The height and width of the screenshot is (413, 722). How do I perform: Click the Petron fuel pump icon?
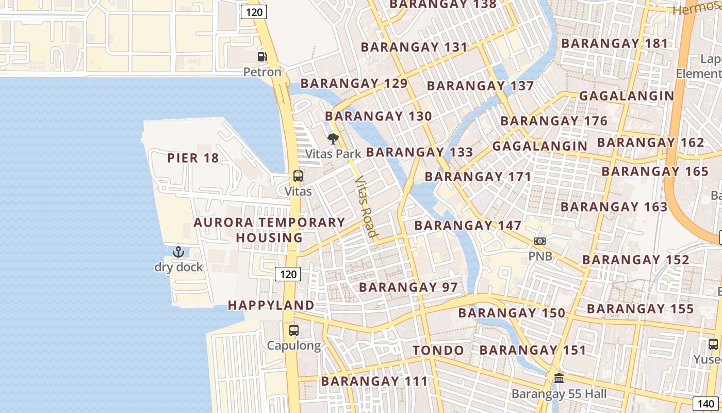[262, 57]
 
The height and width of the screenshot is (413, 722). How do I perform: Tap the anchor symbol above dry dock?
[178, 252]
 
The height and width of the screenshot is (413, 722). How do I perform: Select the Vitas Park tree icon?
[333, 138]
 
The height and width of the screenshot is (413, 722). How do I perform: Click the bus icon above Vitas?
[298, 176]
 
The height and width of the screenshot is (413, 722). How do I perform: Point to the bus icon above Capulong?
[294, 330]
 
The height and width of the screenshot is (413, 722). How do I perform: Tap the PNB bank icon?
[540, 241]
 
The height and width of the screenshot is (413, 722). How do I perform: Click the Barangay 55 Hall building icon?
[559, 378]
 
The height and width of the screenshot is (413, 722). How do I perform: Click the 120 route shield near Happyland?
[288, 274]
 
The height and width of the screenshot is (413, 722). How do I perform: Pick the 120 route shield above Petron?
[254, 12]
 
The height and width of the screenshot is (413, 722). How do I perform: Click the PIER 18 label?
[193, 158]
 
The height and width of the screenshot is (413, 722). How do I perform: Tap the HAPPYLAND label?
[271, 305]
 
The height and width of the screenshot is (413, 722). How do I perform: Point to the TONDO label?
[438, 351]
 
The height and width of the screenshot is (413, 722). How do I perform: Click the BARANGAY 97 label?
[408, 287]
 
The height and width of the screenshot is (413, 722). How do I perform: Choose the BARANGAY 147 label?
[468, 226]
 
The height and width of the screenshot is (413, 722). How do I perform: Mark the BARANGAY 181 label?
[615, 43]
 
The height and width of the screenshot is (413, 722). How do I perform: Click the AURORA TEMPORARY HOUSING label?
[269, 230]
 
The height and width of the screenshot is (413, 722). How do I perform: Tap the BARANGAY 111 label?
[374, 382]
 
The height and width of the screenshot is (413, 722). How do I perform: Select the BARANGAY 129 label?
[354, 83]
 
